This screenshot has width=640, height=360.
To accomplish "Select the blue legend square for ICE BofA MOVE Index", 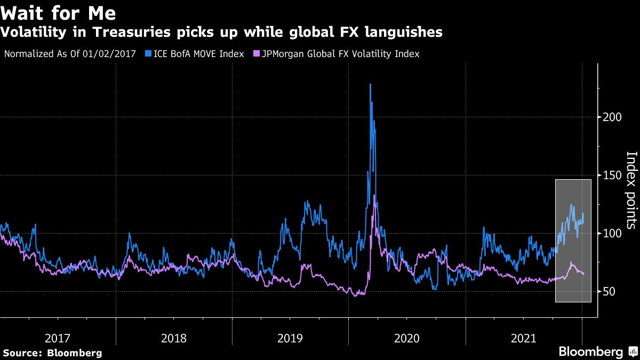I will (x=148, y=54).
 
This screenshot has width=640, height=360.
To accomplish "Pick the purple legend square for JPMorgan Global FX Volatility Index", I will (x=257, y=54).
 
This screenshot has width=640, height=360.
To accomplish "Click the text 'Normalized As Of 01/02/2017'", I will (x=70, y=54).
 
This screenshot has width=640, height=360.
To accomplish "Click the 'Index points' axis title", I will (x=631, y=190).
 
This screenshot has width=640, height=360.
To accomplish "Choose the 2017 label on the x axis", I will (x=58, y=338).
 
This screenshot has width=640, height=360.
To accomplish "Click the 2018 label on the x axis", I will (x=174, y=338).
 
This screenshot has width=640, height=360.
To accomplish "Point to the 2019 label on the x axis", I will (x=290, y=338).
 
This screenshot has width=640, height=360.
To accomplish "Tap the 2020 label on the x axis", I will (x=406, y=338).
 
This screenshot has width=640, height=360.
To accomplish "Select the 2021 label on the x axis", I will (x=523, y=338).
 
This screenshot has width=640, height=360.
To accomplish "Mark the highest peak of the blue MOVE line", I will (x=370, y=84).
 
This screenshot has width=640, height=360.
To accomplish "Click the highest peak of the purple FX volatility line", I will (x=374, y=196).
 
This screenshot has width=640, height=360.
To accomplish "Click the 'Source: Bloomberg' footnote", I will (x=52, y=353).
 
